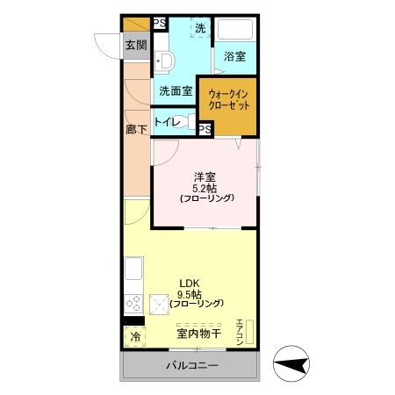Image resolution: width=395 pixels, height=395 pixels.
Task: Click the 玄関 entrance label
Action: [135, 46]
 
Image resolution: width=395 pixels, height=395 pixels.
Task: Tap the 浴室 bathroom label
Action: [234, 56]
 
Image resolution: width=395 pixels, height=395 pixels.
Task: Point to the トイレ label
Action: [167, 122]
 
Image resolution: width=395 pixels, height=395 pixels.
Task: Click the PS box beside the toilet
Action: [205, 129]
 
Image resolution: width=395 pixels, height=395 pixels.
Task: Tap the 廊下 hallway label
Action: [135, 128]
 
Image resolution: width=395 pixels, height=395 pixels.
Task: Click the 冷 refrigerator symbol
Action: [135, 336]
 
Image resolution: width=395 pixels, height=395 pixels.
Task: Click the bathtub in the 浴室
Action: [234, 30]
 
